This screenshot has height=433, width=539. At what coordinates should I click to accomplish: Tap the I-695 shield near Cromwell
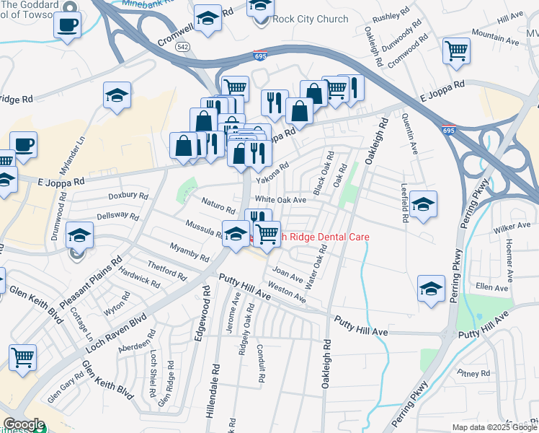pos(260,55)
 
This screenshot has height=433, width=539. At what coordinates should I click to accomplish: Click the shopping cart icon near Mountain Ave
pos(456,51)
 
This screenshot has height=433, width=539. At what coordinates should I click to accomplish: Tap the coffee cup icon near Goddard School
pos(68,25)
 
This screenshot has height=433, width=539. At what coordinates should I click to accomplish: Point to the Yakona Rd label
pos(272,172)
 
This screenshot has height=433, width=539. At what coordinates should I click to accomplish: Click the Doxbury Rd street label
pos(128,196)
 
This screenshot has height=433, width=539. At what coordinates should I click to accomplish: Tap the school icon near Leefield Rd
pos(424,204)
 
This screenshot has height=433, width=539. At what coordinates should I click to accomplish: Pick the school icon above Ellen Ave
pos(430,289)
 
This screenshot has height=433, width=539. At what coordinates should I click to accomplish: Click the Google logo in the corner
pos(24,424)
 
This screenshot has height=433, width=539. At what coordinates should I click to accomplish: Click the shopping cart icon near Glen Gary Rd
pos(23,356)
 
